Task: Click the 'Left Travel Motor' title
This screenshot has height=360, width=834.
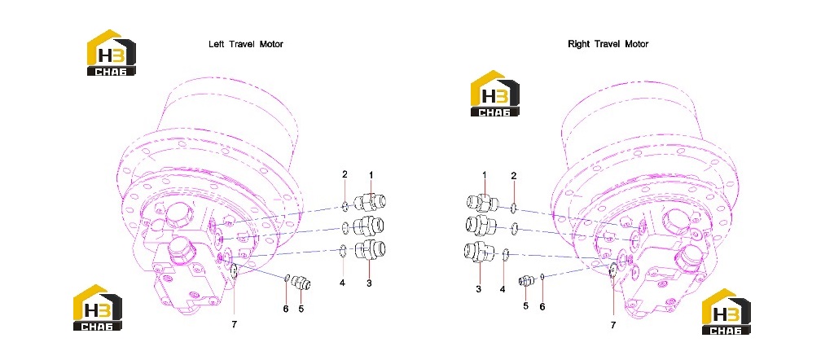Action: (x=246, y=44)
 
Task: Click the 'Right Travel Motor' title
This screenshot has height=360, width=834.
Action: (x=608, y=44)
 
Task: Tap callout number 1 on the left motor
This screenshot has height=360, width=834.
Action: (x=371, y=175)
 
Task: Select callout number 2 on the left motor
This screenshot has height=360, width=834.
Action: (x=345, y=174)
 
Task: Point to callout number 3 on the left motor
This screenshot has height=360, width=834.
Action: (x=369, y=283)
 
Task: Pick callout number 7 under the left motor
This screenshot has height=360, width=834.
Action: (x=234, y=326)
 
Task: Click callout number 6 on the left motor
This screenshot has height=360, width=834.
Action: (x=286, y=309)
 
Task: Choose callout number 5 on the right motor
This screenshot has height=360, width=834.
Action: (x=525, y=305)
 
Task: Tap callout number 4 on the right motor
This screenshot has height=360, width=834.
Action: (x=502, y=289)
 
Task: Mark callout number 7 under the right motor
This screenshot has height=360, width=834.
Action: (x=612, y=326)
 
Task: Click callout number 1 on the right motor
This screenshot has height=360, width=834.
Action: (x=485, y=175)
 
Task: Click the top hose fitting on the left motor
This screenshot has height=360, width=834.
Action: (x=370, y=203)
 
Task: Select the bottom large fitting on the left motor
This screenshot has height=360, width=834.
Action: (x=370, y=250)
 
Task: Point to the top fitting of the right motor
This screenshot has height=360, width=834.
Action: (x=482, y=203)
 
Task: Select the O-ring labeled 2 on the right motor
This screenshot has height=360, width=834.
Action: (x=515, y=208)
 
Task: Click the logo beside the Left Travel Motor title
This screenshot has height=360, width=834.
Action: (x=111, y=53)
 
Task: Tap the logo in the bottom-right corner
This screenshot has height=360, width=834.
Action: (x=726, y=312)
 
